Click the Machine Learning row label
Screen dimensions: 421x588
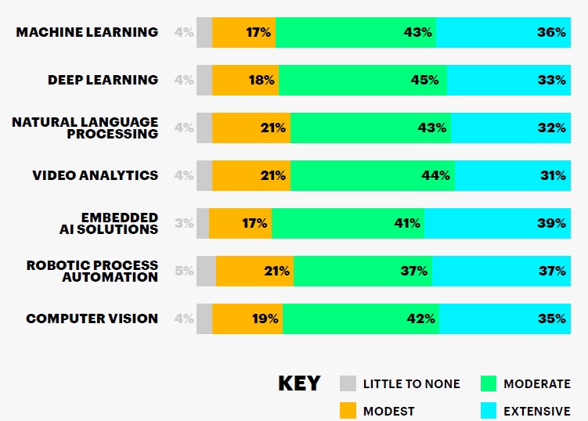[x=87, y=32]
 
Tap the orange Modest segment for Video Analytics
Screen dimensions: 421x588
[x=251, y=175]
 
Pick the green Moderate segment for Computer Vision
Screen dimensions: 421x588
[x=360, y=318]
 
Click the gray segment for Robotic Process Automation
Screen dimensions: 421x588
[x=206, y=271]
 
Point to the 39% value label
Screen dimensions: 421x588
[x=551, y=223]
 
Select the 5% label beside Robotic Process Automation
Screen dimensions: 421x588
[x=184, y=271]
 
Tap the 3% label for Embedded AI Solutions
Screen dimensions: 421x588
[x=184, y=223]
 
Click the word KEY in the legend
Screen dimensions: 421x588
[x=299, y=383]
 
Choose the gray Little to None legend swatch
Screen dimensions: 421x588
[x=348, y=383]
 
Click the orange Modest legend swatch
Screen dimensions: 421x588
[x=348, y=410]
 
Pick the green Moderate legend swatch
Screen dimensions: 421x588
[x=489, y=383]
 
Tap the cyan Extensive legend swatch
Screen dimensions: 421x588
[x=489, y=410]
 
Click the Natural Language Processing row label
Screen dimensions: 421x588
[x=85, y=128]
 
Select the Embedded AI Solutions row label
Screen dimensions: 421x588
[x=119, y=223]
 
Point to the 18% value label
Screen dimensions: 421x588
[x=262, y=80]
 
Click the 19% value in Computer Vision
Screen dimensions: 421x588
[x=265, y=318]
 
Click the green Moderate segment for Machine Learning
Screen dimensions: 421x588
[x=355, y=32]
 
